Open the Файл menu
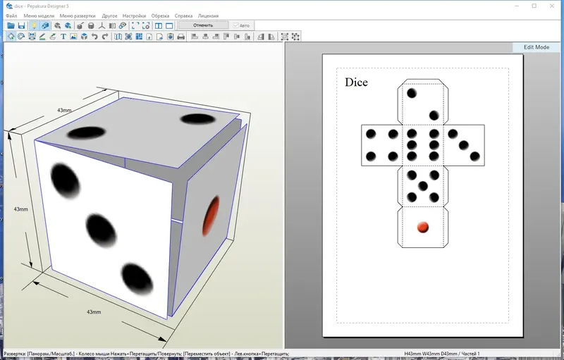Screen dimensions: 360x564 coord(11,15)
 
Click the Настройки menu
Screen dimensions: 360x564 coord(134,15)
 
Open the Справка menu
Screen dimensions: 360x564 coord(183,15)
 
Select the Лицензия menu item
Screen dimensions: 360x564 coord(208,15)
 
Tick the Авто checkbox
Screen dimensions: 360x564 coord(236,25)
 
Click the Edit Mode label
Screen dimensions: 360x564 coord(536,47)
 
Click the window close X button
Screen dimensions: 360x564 coord(552,6)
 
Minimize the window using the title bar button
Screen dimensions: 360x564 coord(514,6)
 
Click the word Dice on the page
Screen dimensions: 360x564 coord(356,82)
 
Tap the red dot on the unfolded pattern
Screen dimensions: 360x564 coord(423,227)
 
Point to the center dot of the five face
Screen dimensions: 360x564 coord(423,186)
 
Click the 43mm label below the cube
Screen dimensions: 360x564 coord(94,311)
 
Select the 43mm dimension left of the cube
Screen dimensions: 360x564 coord(21,209)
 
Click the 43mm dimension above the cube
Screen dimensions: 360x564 coord(65,111)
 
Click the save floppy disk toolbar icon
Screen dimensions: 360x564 coord(22,25)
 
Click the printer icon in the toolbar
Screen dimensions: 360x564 coord(181,37)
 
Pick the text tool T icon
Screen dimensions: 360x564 coord(63,37)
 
